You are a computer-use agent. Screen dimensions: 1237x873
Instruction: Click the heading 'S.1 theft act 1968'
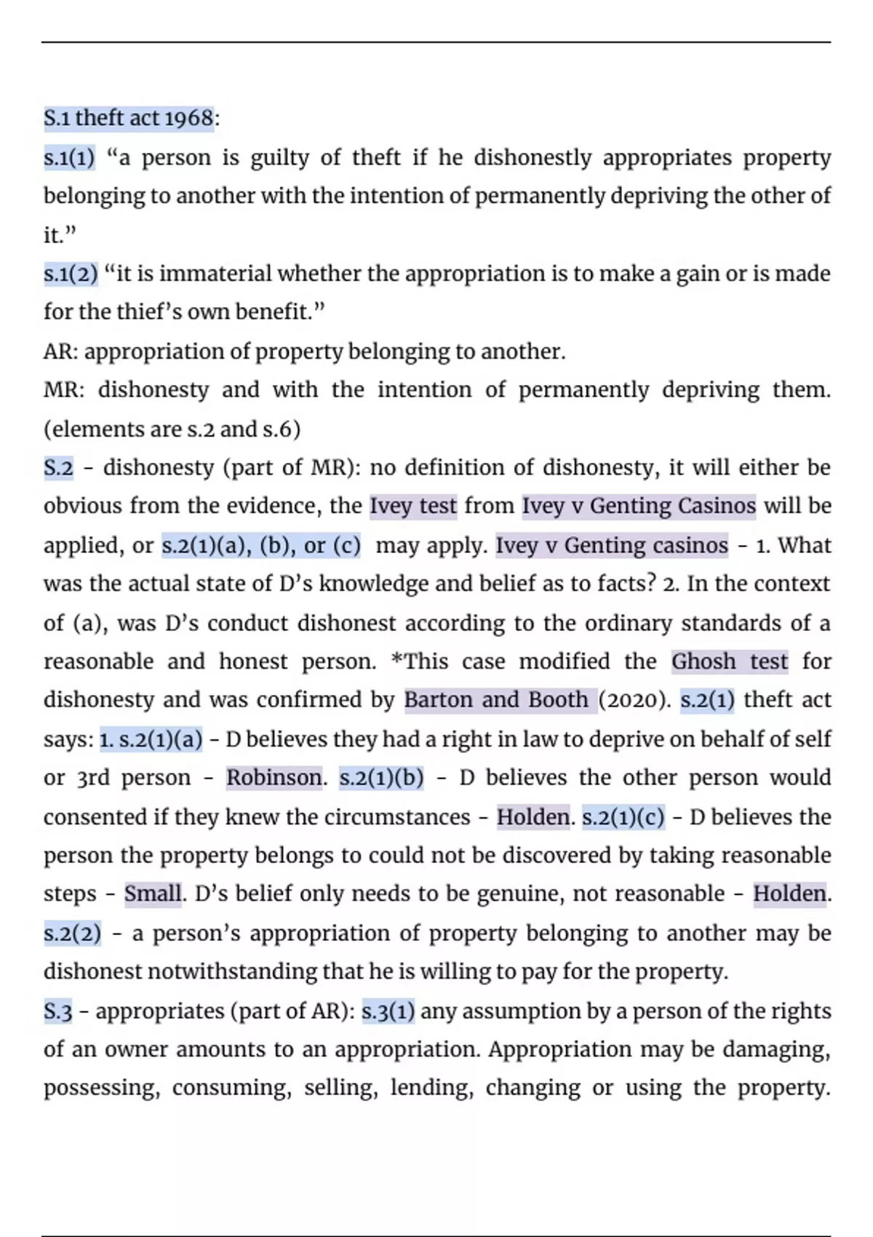click(129, 118)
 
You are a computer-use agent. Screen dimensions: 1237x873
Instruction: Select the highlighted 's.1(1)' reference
click(69, 157)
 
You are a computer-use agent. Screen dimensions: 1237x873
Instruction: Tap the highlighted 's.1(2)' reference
click(70, 274)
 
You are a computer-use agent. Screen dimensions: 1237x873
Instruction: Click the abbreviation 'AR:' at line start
click(61, 351)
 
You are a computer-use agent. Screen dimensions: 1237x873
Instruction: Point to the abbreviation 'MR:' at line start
click(64, 390)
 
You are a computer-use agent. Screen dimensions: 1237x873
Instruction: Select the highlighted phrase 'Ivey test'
click(413, 506)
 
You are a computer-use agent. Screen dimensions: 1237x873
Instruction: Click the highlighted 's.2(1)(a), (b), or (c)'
click(260, 545)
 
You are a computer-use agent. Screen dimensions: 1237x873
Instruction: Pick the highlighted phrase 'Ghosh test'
click(729, 661)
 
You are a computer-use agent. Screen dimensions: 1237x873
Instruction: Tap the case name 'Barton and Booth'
click(496, 700)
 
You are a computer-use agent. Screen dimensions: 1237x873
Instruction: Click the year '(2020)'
click(634, 700)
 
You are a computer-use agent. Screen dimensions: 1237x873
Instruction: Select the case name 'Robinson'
click(274, 778)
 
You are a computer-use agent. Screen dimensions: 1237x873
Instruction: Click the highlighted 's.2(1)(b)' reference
click(381, 778)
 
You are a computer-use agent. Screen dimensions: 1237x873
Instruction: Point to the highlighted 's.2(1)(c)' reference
click(623, 817)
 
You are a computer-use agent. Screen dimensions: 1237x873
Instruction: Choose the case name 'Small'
click(152, 894)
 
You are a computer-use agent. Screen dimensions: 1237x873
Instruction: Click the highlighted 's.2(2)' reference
click(72, 933)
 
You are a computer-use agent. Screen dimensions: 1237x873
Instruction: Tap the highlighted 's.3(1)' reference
click(388, 1011)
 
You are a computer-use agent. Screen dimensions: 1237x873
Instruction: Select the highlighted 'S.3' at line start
click(58, 1011)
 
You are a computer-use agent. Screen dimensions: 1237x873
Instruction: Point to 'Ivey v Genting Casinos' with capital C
click(639, 506)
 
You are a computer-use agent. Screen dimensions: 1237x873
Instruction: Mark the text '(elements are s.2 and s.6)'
click(172, 429)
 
